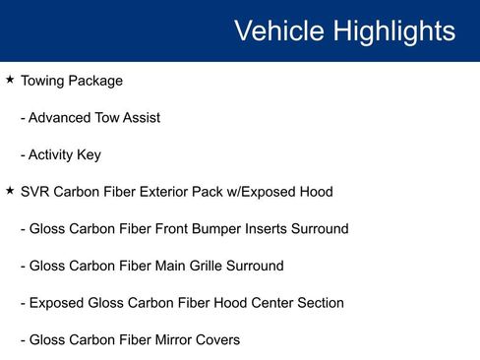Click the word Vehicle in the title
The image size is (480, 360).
point(279,30)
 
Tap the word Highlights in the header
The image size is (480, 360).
point(394,31)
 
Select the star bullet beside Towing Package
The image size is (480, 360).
point(10,79)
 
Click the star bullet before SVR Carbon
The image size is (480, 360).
point(10,190)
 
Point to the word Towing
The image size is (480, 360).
point(42,82)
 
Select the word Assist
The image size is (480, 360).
point(142,117)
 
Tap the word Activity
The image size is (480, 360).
point(51,155)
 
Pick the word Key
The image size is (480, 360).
point(89,155)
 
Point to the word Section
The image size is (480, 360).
point(321,303)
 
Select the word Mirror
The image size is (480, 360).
point(173,339)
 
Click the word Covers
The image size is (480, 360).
point(217,339)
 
